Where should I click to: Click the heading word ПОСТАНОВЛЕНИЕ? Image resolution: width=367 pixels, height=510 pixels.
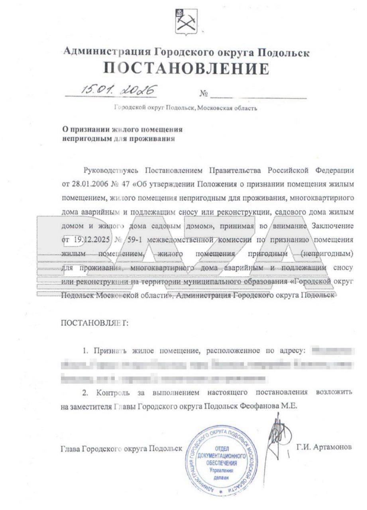pyautogui.click(x=186, y=69)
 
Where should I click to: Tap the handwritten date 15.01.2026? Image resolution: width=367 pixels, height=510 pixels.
pyautogui.click(x=118, y=90)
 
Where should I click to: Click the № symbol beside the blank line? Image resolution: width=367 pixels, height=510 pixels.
pyautogui.click(x=204, y=94)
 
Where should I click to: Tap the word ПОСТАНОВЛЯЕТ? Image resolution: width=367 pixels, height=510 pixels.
pyautogui.click(x=95, y=323)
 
